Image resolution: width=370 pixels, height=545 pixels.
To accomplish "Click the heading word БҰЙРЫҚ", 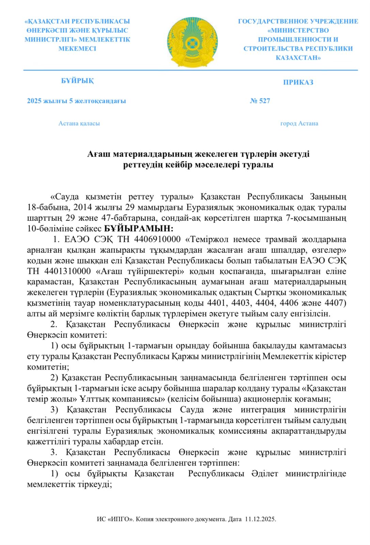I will point(77,81).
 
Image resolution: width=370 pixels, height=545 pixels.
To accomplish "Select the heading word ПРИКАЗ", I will point(298,82).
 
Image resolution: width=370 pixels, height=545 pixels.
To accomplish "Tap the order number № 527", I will point(260,101).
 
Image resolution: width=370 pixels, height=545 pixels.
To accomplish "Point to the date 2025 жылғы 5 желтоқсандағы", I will point(76,101).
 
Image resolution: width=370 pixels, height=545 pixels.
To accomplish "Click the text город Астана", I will point(299,123).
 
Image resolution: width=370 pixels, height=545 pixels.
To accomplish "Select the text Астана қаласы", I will point(79,123).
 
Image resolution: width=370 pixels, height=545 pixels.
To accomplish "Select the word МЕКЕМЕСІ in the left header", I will point(77,49).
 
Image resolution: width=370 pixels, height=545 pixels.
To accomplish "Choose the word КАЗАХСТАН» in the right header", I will point(298,58).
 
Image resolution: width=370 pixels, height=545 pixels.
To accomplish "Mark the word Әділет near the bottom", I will point(265,474).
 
